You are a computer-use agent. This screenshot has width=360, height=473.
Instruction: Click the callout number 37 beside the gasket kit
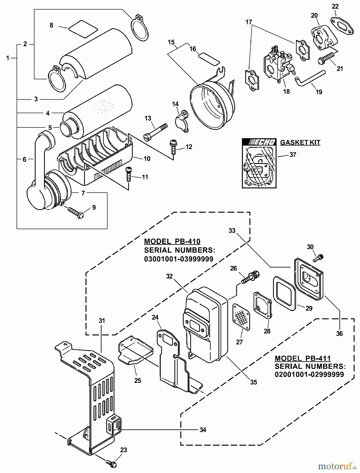(293, 155)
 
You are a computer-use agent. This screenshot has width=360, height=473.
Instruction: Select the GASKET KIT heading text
(300, 142)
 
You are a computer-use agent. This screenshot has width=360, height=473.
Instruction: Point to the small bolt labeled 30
(318, 258)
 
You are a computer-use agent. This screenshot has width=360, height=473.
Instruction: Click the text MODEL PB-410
(172, 241)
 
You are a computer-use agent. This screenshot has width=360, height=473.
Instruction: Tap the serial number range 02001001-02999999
(309, 374)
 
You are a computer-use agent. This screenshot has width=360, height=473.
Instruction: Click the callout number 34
(202, 430)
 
